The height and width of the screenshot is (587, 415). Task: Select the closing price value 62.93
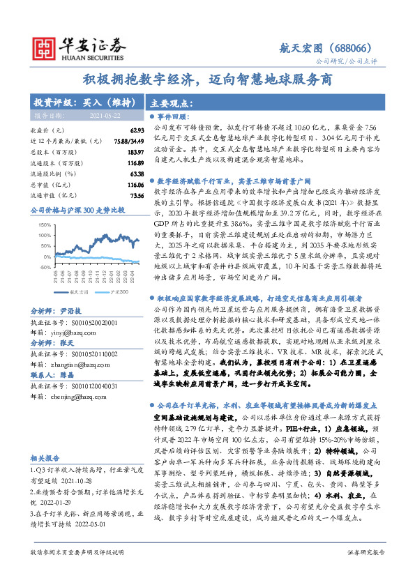coord(136,130)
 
